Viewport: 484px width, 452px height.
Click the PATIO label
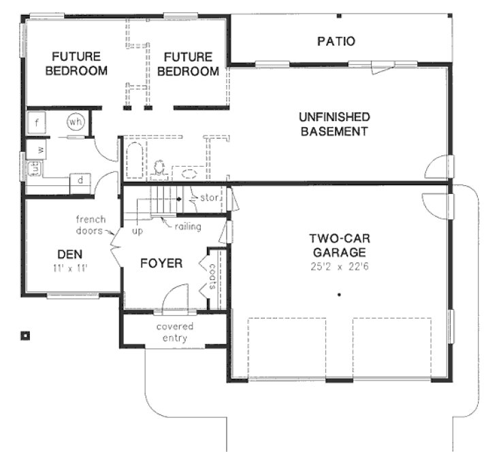coord(336,42)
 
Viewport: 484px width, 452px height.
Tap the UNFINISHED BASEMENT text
coord(335,124)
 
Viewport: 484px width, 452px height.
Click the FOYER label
coord(161,263)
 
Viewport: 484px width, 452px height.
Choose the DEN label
coord(70,254)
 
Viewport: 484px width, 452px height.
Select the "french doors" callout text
coord(89,225)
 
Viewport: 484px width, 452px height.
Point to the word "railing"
coord(188,226)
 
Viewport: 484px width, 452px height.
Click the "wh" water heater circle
coord(76,122)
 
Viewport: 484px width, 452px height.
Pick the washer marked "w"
coord(40,148)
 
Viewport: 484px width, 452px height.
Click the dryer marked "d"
coord(80,180)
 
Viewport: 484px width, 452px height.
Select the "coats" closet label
coord(212,277)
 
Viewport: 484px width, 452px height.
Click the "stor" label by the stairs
coord(207,198)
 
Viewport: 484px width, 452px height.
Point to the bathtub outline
coord(133,161)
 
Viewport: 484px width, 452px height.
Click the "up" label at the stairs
coord(136,231)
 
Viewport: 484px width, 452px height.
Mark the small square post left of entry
coord(25,334)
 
